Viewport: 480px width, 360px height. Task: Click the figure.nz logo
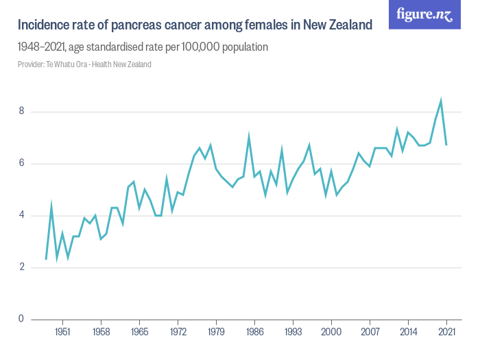424,14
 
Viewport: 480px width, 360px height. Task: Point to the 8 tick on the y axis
21,111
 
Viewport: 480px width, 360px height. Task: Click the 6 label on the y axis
21,163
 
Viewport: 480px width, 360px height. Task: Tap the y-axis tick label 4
21,215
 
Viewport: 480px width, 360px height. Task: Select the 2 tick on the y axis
21,267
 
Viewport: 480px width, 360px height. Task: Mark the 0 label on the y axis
21,319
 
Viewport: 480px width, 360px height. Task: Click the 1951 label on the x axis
62,331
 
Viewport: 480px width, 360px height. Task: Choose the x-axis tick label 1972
178,331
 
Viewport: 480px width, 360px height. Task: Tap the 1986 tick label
254,331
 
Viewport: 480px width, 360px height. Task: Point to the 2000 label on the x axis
331,331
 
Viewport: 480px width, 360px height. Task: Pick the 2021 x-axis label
446,331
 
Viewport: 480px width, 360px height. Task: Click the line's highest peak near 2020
441,101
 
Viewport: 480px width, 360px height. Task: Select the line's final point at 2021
446,145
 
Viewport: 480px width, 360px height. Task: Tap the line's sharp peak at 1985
249,136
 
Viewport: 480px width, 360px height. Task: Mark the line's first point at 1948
46,259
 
